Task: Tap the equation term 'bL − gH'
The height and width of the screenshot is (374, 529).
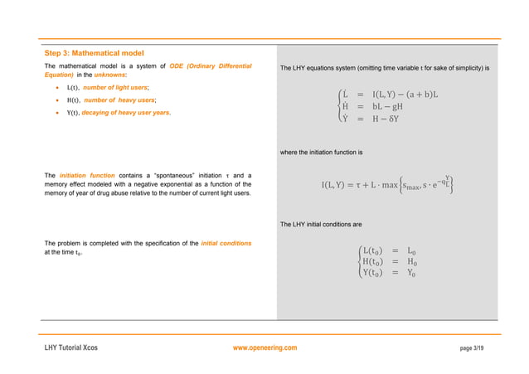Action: (x=388, y=107)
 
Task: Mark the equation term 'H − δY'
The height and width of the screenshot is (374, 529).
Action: (x=387, y=119)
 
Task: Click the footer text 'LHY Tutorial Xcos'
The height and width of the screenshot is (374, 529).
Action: (x=70, y=348)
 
